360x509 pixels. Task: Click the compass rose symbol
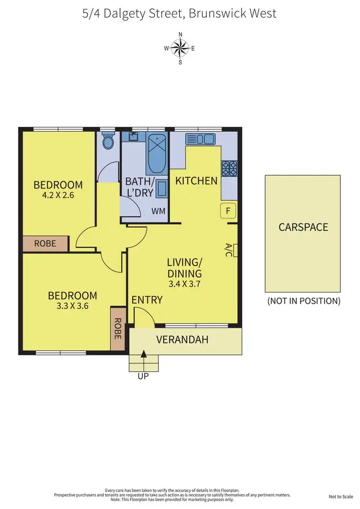point(180,48)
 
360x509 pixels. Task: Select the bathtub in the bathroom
point(157,154)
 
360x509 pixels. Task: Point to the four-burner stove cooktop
point(229,168)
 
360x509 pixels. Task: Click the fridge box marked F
point(228,210)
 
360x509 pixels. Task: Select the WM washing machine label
point(158,211)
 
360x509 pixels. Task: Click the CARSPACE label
point(303,227)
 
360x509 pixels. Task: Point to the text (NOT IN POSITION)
point(303,301)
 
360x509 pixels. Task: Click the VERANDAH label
point(182,339)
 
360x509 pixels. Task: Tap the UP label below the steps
point(143,376)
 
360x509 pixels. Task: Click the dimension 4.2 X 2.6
point(58,195)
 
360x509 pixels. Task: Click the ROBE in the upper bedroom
point(45,243)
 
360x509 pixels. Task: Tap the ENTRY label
point(147,300)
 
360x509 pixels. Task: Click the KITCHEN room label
point(196,181)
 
